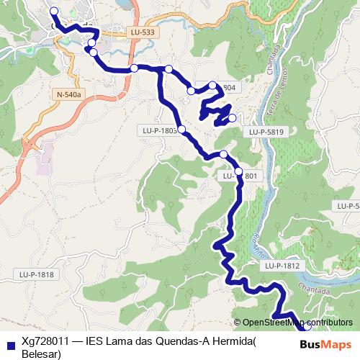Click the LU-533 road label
[143, 32]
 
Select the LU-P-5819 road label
[267, 132]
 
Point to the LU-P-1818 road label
[36, 274]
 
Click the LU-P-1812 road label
[281, 266]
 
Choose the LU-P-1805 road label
[156, 130]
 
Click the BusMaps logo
[327, 343]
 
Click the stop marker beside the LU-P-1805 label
[181, 130]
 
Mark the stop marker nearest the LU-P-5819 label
[232, 117]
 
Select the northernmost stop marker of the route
[54, 12]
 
